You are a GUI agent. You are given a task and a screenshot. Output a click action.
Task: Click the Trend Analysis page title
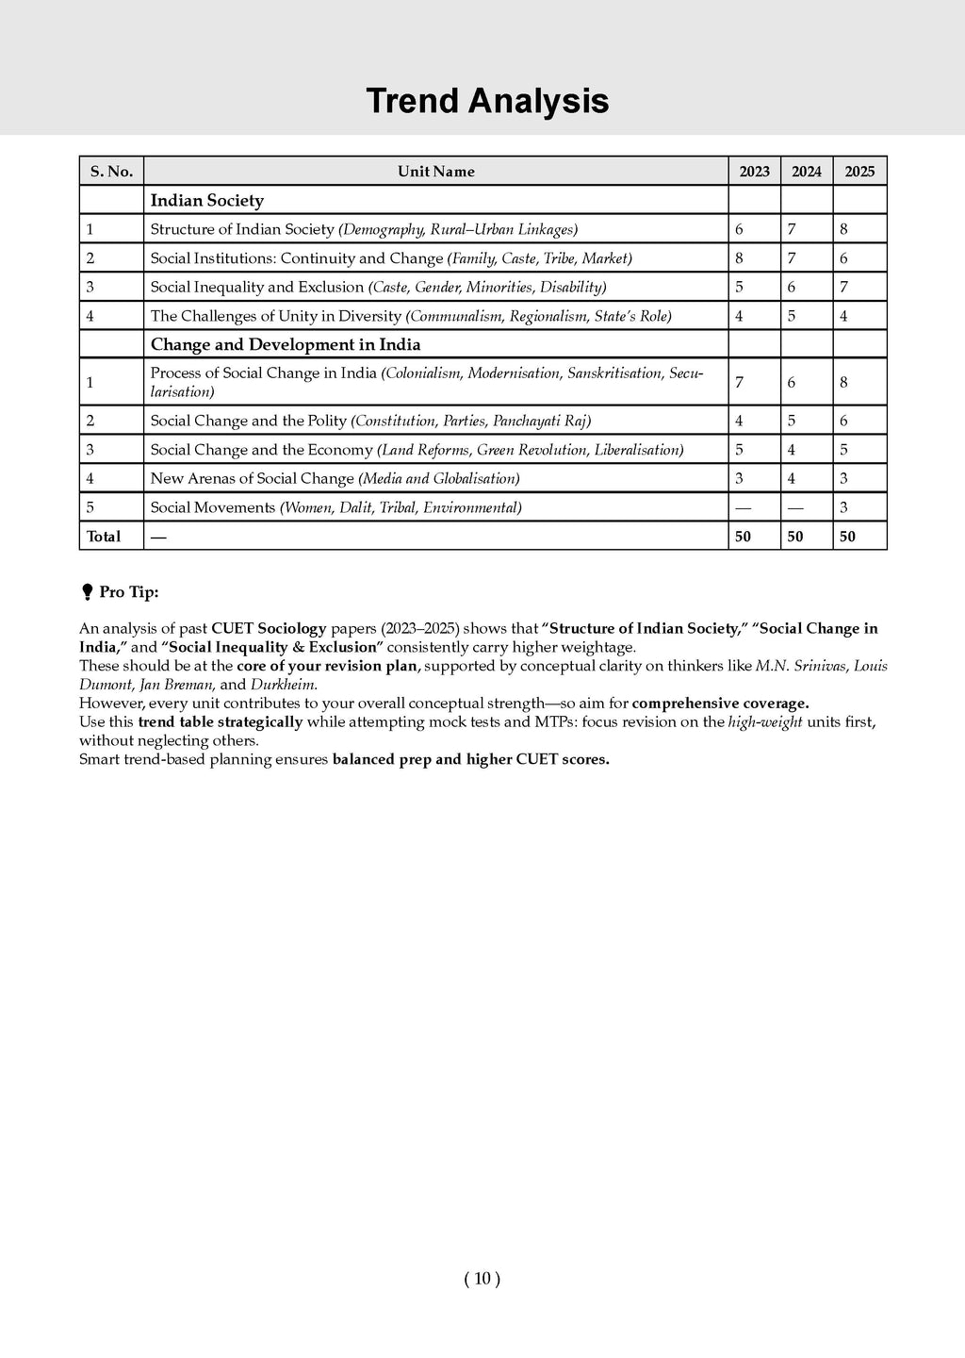487,101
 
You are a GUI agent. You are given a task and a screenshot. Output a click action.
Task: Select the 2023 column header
754,172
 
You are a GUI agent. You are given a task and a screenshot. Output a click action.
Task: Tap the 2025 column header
859,172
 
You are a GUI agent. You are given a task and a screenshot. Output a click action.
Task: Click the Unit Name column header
435,172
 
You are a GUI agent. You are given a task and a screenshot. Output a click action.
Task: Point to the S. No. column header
111,172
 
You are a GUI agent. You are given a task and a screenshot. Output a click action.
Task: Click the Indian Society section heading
207,200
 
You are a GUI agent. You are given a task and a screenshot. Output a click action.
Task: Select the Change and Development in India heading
286,344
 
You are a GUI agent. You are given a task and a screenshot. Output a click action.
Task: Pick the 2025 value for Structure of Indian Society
843,229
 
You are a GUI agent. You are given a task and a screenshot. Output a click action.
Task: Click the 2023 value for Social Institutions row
739,258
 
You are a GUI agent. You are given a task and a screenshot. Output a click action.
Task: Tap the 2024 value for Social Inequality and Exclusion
792,287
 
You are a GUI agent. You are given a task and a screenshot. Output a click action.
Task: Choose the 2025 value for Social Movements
843,507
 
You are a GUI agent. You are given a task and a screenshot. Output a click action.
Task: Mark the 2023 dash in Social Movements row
743,507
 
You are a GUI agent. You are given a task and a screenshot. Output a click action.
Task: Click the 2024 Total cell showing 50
795,537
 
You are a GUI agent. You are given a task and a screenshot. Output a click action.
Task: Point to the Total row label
104,537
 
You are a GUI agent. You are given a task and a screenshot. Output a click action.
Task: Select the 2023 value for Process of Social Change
739,382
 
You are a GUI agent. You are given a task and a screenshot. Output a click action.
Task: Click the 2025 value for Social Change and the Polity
843,421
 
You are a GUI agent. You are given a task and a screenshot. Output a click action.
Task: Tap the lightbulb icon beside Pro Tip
88,592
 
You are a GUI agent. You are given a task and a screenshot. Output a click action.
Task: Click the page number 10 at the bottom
482,1279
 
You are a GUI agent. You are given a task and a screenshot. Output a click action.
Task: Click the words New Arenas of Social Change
252,478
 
